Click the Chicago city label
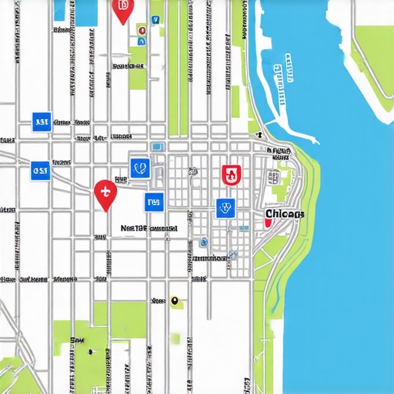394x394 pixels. point(284,213)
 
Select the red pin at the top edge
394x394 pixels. point(122,8)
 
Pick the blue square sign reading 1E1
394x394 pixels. point(42,121)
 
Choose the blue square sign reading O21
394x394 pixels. point(41,170)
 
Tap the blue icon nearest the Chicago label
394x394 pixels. point(225,206)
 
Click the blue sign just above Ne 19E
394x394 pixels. point(154,202)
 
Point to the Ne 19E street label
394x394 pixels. point(149,229)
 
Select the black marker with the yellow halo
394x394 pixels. point(175,301)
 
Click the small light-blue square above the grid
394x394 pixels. point(158,147)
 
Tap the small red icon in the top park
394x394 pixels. point(141,30)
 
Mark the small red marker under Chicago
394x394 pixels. point(267,222)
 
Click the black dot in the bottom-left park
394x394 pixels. point(90,352)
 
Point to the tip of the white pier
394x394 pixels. point(315,141)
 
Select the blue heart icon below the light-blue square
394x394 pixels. point(140,168)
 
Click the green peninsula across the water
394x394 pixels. point(369,54)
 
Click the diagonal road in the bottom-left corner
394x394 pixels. point(15,369)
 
